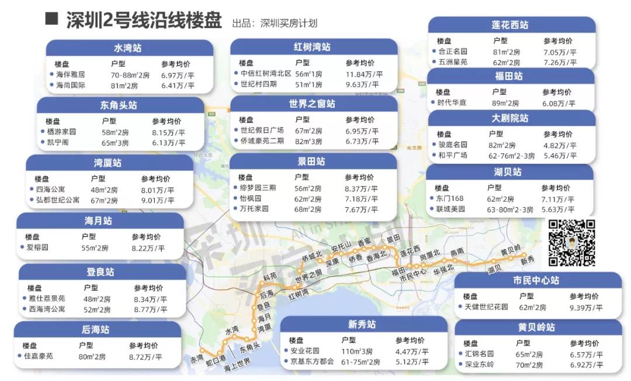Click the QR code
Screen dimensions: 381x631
[x=571, y=243]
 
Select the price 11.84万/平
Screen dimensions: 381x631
[x=363, y=74]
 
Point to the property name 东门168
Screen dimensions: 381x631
[x=451, y=199]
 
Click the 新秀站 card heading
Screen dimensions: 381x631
[x=362, y=325]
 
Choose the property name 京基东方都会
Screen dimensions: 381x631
[x=313, y=362]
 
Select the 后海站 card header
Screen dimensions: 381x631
[x=96, y=330]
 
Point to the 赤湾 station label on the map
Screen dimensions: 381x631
[x=196, y=358]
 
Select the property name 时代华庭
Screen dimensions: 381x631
[x=453, y=103]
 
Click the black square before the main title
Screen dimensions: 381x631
[x=51, y=19]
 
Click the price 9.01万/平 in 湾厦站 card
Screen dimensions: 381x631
[x=157, y=201]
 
